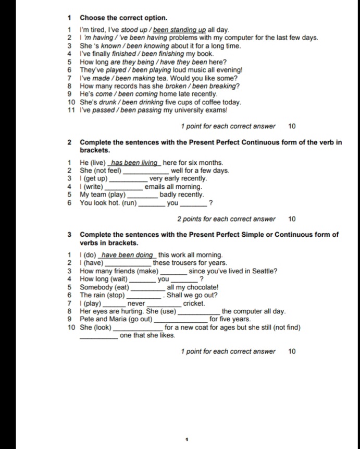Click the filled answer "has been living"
coord(135,162)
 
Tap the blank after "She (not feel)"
coord(145,171)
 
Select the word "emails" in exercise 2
coord(156,187)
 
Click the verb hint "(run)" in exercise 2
coord(128,203)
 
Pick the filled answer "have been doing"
coord(128,254)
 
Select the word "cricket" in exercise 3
coord(194,303)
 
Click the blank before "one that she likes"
coord(99,335)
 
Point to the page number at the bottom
coord(186,440)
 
